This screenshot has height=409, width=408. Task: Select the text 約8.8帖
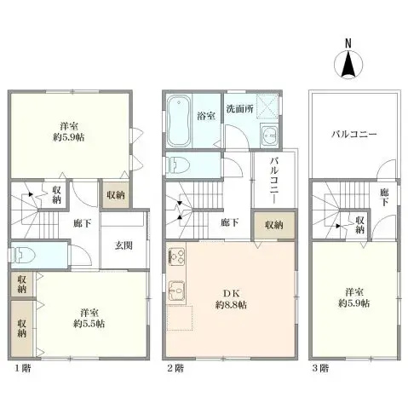click(x=232, y=304)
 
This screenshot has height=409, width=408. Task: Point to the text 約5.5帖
click(x=89, y=324)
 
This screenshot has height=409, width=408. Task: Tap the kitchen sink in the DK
click(x=179, y=292)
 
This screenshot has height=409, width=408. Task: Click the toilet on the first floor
click(x=23, y=254)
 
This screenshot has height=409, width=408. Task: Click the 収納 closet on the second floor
click(x=273, y=225)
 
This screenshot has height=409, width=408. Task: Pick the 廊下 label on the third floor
click(x=385, y=197)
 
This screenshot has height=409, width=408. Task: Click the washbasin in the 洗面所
click(x=267, y=136)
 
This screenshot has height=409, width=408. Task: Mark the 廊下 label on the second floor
click(x=229, y=223)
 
